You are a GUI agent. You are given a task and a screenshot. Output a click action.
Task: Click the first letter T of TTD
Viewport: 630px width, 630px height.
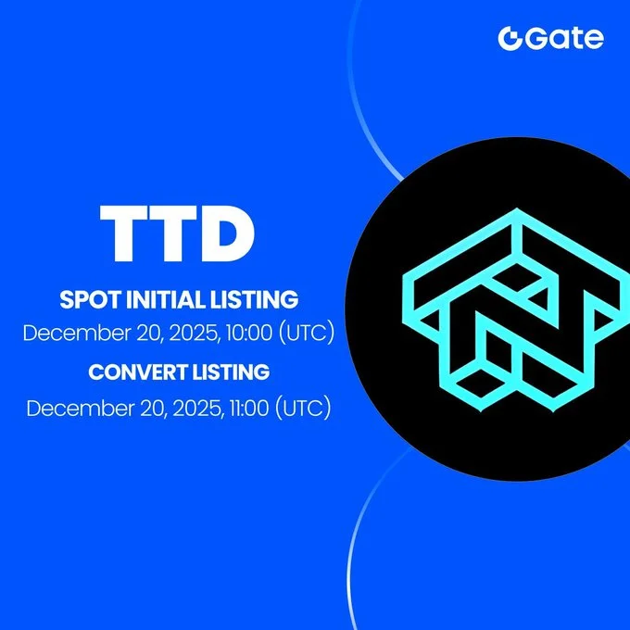pyautogui.click(x=127, y=233)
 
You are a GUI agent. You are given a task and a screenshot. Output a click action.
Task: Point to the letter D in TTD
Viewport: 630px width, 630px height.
pyautogui.click(x=227, y=233)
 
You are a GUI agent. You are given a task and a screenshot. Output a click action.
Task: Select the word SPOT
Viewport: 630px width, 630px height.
pyautogui.click(x=88, y=300)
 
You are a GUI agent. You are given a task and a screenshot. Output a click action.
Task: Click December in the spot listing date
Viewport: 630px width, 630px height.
pyautogui.click(x=69, y=334)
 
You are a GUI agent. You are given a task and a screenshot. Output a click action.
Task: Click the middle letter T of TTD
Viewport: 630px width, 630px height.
pyautogui.click(x=176, y=233)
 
